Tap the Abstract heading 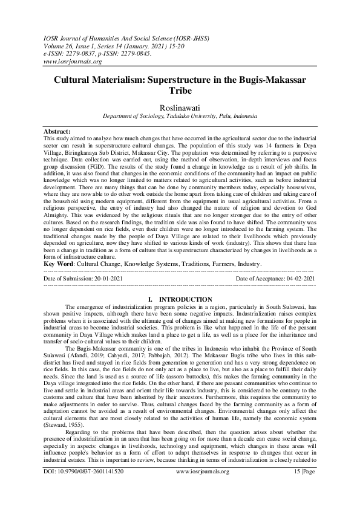point(57,131)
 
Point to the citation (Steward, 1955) point(64,418)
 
